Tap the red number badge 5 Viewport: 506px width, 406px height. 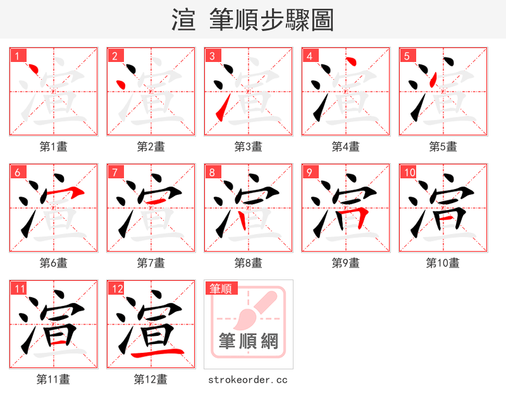point(407,56)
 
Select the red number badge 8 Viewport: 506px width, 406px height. point(213,172)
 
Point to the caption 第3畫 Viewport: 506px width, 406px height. point(248,146)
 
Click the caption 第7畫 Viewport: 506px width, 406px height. point(151,262)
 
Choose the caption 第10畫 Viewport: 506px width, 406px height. point(443,262)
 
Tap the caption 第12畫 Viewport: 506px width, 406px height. point(151,379)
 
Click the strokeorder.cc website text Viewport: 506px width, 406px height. point(248,379)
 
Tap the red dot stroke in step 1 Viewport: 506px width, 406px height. point(36,70)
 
